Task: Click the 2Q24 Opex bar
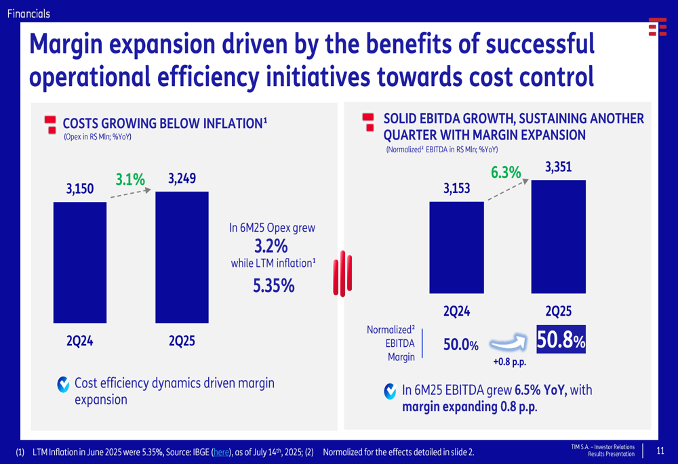[80, 262]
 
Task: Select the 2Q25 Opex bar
[182, 257]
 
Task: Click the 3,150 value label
[80, 190]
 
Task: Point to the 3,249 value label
[182, 180]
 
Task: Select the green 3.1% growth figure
[130, 180]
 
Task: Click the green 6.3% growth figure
[506, 173]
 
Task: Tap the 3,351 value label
[558, 166]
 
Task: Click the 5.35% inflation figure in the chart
[273, 286]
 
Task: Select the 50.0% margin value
[460, 345]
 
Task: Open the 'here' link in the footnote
[222, 452]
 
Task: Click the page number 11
[660, 450]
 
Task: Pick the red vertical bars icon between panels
[344, 274]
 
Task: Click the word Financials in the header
[28, 13]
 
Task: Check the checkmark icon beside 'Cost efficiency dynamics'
[64, 385]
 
